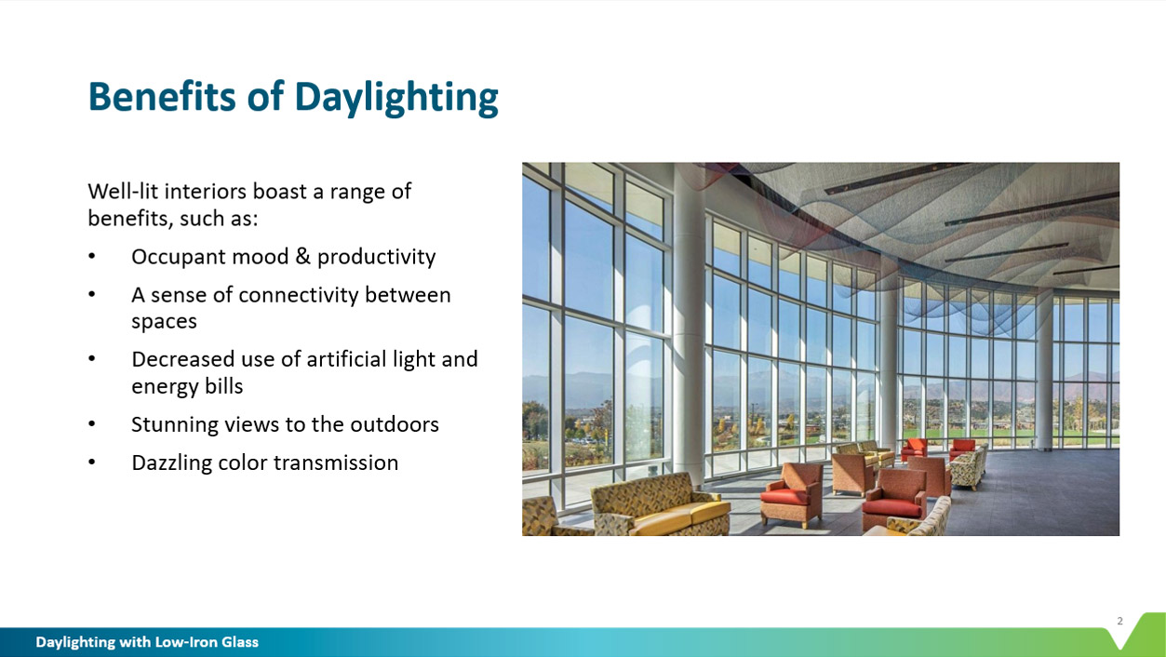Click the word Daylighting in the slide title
coord(396,98)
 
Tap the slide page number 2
coord(1119,621)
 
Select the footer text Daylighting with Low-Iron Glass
coord(147,642)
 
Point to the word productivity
coord(376,257)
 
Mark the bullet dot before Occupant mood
coord(91,256)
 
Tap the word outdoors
coord(394,424)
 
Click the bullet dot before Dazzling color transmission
coord(91,463)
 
